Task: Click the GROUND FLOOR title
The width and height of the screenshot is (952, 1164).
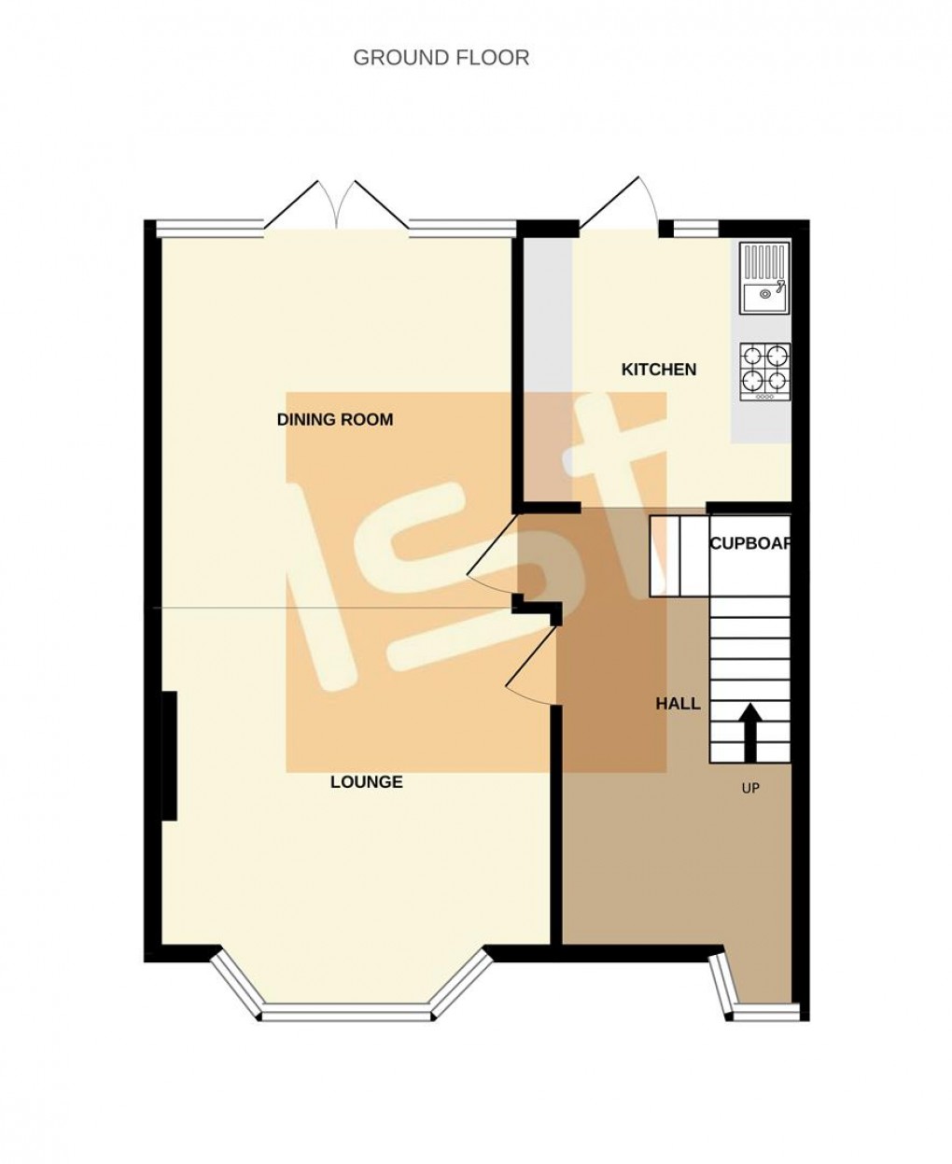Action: pyautogui.click(x=441, y=58)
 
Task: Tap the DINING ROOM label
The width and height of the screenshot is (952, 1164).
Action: pyautogui.click(x=335, y=420)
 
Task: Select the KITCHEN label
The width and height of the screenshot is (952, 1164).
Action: pyautogui.click(x=659, y=370)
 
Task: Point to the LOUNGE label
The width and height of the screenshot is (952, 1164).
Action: pyautogui.click(x=367, y=782)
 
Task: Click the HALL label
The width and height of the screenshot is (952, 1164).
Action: pyautogui.click(x=678, y=704)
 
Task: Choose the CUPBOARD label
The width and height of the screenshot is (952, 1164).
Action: pyautogui.click(x=750, y=544)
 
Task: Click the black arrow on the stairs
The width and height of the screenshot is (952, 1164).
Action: pyautogui.click(x=750, y=723)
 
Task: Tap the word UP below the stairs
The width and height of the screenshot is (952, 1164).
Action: pyautogui.click(x=750, y=789)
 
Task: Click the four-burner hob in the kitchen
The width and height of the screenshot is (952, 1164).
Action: pyautogui.click(x=765, y=372)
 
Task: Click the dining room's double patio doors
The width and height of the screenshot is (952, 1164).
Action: pyautogui.click(x=336, y=207)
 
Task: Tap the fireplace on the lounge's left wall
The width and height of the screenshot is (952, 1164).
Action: pyautogui.click(x=170, y=755)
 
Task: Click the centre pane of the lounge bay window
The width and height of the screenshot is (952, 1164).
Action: pyautogui.click(x=347, y=1011)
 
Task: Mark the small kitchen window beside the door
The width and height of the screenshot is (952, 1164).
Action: pyautogui.click(x=696, y=226)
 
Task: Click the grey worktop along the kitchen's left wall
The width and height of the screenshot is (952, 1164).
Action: pyautogui.click(x=546, y=364)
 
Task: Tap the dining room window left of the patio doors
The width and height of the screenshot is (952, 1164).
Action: pyautogui.click(x=210, y=225)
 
